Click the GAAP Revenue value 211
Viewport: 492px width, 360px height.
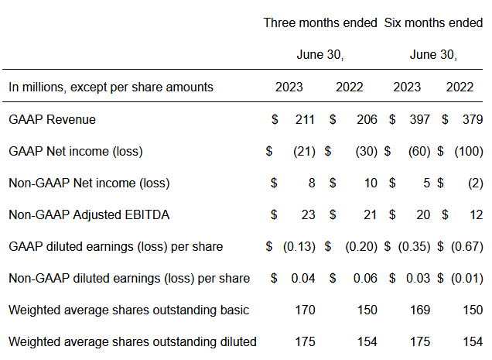pos(305,120)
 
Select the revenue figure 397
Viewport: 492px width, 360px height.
pos(419,120)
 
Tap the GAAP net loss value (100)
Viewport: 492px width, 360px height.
pos(469,152)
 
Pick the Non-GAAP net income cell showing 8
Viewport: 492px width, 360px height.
pos(312,183)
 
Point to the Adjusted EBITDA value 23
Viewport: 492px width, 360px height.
pos(308,215)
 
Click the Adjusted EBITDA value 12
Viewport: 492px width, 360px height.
pos(476,215)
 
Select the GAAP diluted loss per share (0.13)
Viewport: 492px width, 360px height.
pos(299,247)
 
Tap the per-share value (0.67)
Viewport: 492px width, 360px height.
pos(467,247)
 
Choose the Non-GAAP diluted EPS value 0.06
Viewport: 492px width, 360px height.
pos(365,279)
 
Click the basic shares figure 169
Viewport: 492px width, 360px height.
pos(420,310)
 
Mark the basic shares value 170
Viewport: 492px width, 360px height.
pos(305,310)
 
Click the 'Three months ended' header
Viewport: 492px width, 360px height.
pos(320,23)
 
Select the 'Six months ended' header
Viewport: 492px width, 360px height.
pos(433,23)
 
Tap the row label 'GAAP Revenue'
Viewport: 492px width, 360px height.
pos(52,120)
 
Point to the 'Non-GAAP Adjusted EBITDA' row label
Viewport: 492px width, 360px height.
pos(89,215)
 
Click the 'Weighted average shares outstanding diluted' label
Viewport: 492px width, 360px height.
pos(132,341)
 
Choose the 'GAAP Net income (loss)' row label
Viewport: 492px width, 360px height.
pos(76,152)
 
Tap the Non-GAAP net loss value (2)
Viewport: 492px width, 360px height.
pos(476,183)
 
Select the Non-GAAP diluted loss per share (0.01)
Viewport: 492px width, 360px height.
pos(467,279)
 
